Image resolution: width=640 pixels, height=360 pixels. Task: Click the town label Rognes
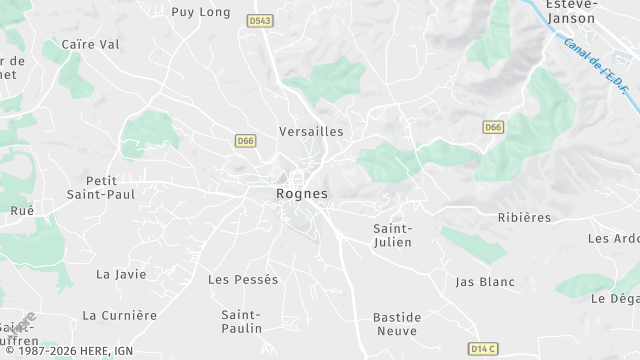pyautogui.click(x=302, y=193)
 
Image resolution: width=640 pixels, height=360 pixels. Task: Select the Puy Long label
pyautogui.click(x=201, y=12)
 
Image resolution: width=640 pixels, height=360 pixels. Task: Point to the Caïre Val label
pyautogui.click(x=90, y=44)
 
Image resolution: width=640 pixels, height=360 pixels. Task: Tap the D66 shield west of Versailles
pyautogui.click(x=246, y=141)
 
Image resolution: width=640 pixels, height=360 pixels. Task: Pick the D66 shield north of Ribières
pyautogui.click(x=492, y=127)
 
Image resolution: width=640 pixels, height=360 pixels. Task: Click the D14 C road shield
pyautogui.click(x=483, y=348)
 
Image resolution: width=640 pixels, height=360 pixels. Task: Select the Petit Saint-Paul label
pyautogui.click(x=94, y=187)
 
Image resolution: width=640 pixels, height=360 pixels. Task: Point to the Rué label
pyautogui.click(x=21, y=211)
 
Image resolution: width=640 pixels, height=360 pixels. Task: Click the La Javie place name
pyautogui.click(x=121, y=274)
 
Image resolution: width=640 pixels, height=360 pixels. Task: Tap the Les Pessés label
pyautogui.click(x=243, y=279)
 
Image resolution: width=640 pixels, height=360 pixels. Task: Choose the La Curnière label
pyautogui.click(x=120, y=315)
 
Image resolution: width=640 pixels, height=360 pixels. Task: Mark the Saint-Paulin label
pyautogui.click(x=242, y=321)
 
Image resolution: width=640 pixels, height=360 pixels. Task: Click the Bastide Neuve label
pyautogui.click(x=397, y=323)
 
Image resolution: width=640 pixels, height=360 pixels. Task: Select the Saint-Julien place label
pyautogui.click(x=393, y=235)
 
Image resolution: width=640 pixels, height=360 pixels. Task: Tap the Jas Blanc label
pyautogui.click(x=485, y=282)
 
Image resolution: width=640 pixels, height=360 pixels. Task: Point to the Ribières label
pyautogui.click(x=525, y=217)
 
